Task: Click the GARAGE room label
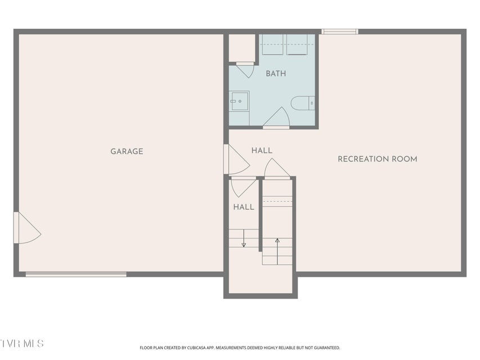(x=127, y=151)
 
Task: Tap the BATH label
(x=276, y=74)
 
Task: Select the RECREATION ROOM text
(x=378, y=159)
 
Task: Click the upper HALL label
(x=262, y=151)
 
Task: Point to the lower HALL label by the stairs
(x=244, y=207)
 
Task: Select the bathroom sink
(x=240, y=101)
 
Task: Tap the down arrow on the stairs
(x=244, y=238)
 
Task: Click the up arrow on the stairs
(x=277, y=251)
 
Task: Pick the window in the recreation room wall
(x=340, y=31)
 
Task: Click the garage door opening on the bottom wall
(x=76, y=274)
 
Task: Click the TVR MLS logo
(x=22, y=344)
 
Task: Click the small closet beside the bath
(x=242, y=48)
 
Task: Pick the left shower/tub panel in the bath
(x=272, y=44)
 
